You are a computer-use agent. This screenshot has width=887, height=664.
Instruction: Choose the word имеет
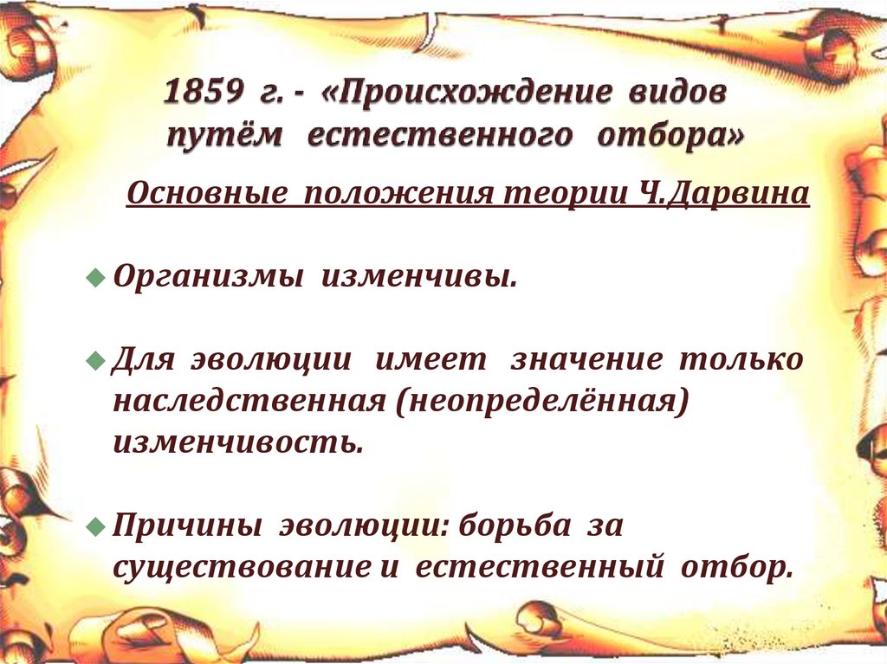431,359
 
